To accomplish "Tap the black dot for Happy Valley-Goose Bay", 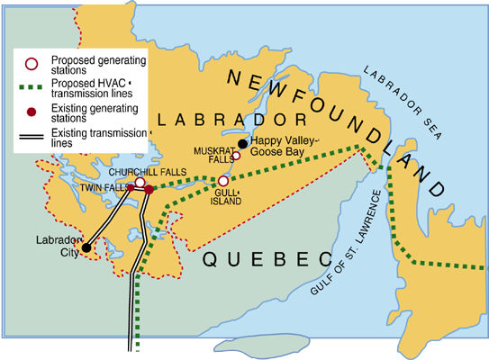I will point(242,143).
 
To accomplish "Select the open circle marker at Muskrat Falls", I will point(236,156).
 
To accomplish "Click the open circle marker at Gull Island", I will point(223,181).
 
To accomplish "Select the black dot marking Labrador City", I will point(86,247).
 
